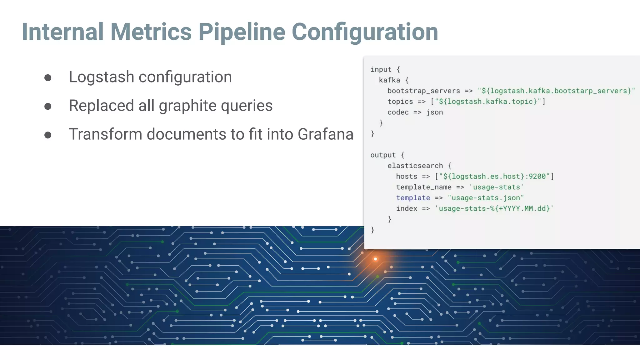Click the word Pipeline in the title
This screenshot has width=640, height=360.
(x=242, y=32)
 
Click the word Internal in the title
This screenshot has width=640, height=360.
(x=62, y=32)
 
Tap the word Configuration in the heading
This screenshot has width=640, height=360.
(x=365, y=32)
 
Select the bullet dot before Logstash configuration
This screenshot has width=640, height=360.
(x=48, y=77)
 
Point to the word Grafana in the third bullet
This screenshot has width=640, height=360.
(x=325, y=134)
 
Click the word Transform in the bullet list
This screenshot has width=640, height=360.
(x=105, y=134)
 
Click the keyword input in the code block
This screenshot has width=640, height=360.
(x=381, y=69)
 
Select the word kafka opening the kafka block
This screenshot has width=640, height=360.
(x=389, y=80)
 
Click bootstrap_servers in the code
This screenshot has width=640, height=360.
(x=423, y=91)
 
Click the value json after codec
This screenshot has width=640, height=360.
(x=434, y=112)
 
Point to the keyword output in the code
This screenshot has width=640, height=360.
(x=383, y=155)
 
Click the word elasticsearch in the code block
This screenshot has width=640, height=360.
(x=415, y=166)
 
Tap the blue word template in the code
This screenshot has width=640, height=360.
(x=413, y=198)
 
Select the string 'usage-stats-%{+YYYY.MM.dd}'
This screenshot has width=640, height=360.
(x=494, y=208)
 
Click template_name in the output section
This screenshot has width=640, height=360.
(x=423, y=187)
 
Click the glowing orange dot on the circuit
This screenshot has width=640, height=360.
(x=375, y=259)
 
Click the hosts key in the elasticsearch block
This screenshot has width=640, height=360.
(x=406, y=176)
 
